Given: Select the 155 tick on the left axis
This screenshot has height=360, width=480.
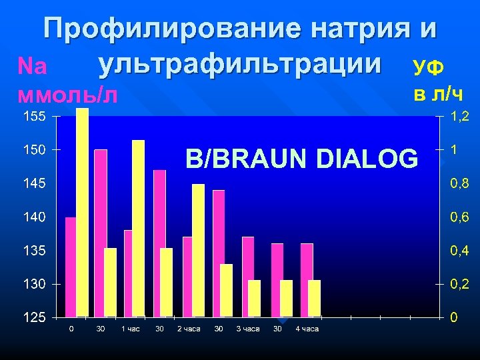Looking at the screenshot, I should click(x=33, y=117).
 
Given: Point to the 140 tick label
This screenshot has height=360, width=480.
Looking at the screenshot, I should click(x=33, y=217).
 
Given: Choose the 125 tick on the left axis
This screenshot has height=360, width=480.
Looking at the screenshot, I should click(x=33, y=317).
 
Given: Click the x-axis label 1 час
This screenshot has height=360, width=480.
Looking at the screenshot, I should click(x=131, y=329).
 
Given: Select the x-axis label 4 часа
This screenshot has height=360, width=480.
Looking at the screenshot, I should click(x=307, y=329).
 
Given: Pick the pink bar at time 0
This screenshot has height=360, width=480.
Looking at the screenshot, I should click(x=71, y=267).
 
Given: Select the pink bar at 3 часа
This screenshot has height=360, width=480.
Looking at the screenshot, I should click(x=248, y=277).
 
